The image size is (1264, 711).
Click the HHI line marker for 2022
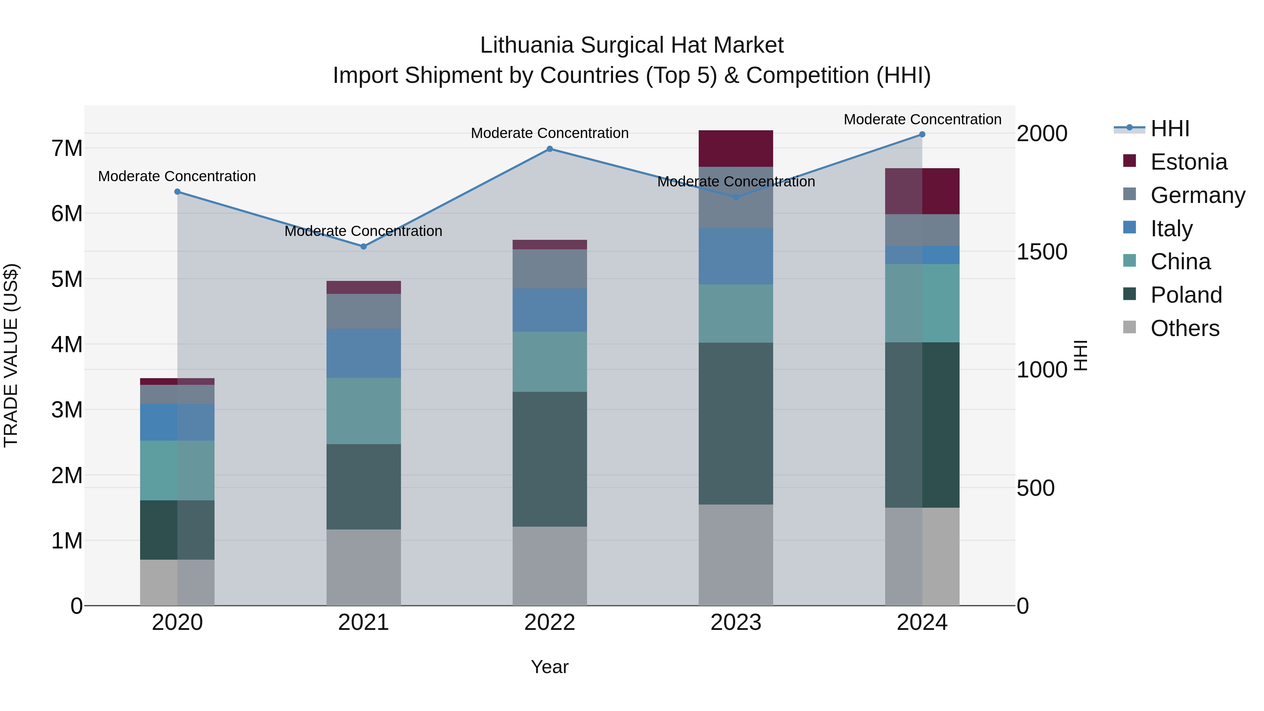tap(549, 149)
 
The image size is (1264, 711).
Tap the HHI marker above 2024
tap(922, 134)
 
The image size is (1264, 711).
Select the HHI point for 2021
tap(364, 246)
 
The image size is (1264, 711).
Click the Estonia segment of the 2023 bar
tap(736, 148)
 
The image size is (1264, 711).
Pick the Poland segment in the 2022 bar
tap(549, 459)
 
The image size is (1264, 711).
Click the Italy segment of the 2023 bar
tap(736, 256)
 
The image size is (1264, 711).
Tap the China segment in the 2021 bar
tap(364, 411)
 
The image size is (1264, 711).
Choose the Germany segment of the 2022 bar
tap(549, 269)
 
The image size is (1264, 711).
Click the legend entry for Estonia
tap(1189, 162)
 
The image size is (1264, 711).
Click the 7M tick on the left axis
tap(67, 148)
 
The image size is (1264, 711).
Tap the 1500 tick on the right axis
tap(1042, 252)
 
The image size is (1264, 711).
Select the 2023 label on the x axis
tap(736, 623)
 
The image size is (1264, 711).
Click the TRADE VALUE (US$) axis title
tap(11, 355)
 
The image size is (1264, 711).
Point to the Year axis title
tap(549, 667)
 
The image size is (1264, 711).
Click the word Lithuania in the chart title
tap(527, 45)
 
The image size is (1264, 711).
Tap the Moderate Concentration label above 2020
tap(177, 176)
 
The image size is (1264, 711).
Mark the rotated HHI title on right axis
tap(1080, 355)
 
